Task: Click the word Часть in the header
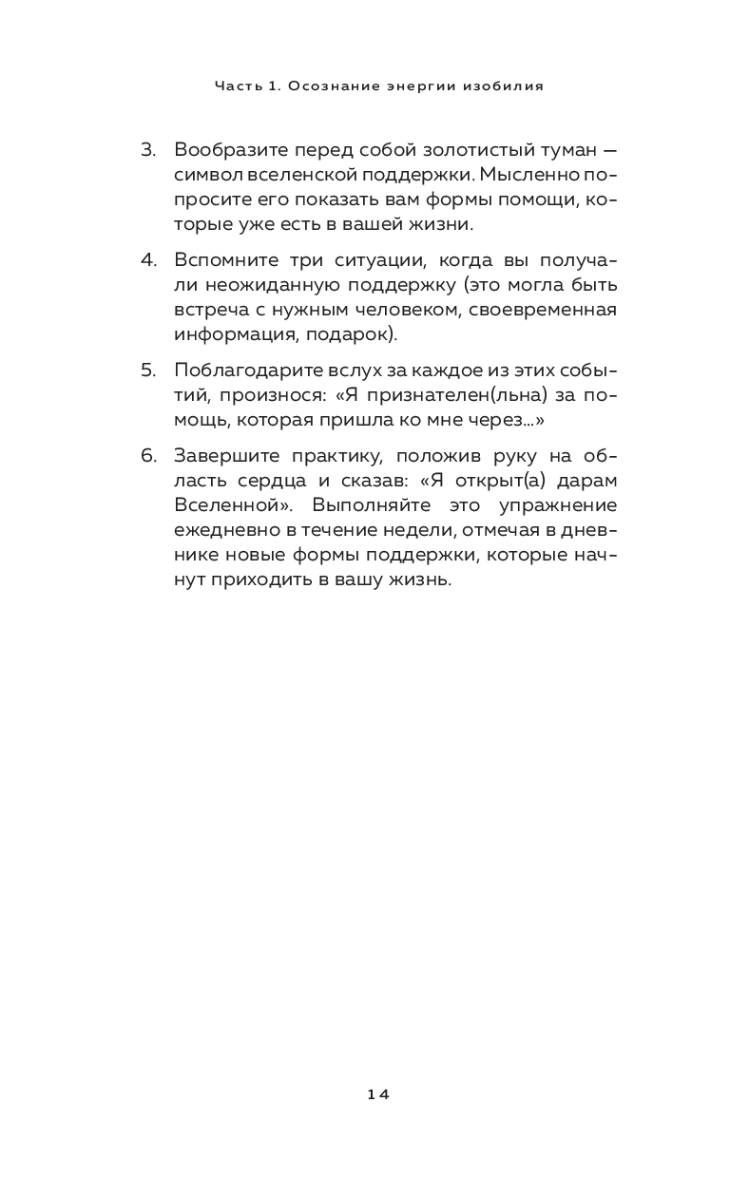point(234,85)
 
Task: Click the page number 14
point(378,1093)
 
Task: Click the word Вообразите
point(229,150)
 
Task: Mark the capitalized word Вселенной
point(230,504)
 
